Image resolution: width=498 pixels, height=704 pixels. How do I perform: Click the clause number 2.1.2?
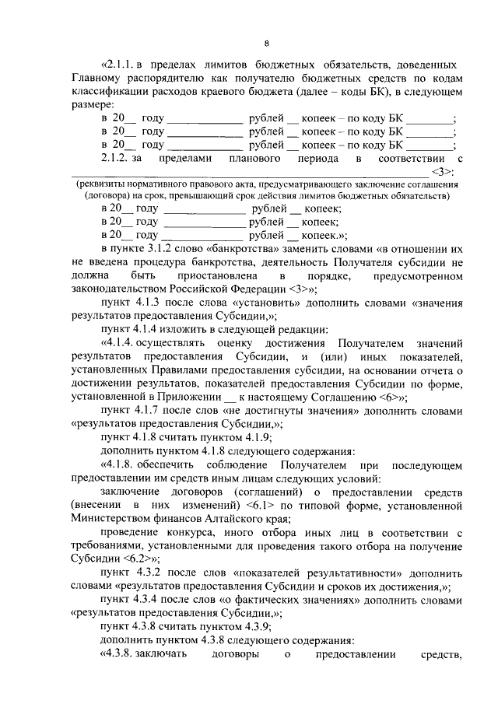pyautogui.click(x=117, y=158)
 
